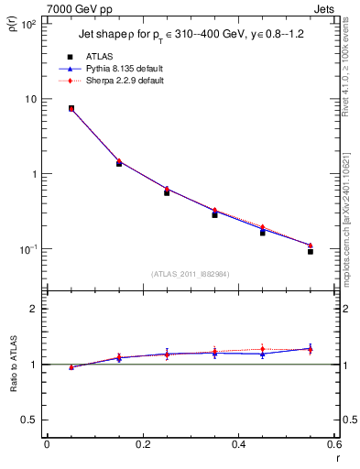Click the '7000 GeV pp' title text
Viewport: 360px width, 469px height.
pos(76,7)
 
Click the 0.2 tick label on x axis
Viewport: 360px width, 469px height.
pos(142,444)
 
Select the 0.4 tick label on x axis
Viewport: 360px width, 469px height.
pos(238,444)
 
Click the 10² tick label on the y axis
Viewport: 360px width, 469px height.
pos(29,24)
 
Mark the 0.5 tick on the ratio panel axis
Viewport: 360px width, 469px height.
pos(29,420)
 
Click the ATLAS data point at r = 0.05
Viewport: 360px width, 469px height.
pos(71,108)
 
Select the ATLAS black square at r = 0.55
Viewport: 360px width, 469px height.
pos(311,250)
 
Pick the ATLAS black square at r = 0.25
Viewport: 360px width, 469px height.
pos(167,192)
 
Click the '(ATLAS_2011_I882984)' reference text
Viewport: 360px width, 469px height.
pos(191,274)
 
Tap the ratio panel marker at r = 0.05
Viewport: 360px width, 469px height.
pos(71,366)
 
